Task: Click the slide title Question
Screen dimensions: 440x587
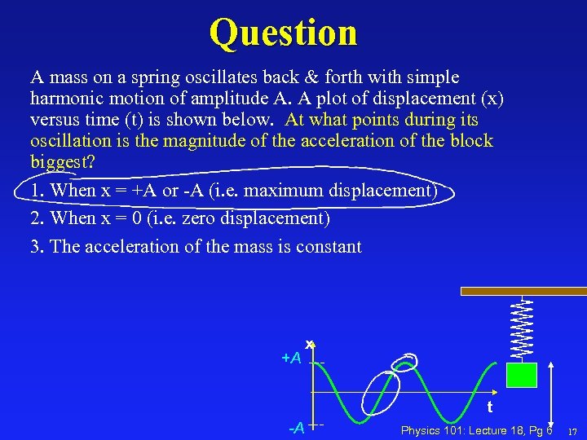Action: pos(283,33)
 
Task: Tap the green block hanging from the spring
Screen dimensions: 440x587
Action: pos(521,375)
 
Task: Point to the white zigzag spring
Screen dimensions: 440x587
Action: pos(522,327)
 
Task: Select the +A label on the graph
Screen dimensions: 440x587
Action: pos(291,359)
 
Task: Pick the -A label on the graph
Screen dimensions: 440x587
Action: pos(296,427)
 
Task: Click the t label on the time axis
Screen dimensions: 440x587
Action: pos(489,407)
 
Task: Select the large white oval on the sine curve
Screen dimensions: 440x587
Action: pos(381,394)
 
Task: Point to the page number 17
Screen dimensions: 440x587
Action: pos(572,431)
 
